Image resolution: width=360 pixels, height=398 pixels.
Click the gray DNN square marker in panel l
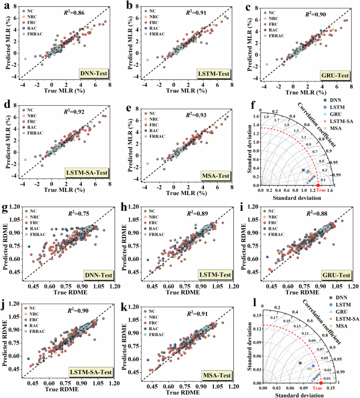point(301,363)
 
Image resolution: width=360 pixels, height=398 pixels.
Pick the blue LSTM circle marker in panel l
point(314,366)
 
